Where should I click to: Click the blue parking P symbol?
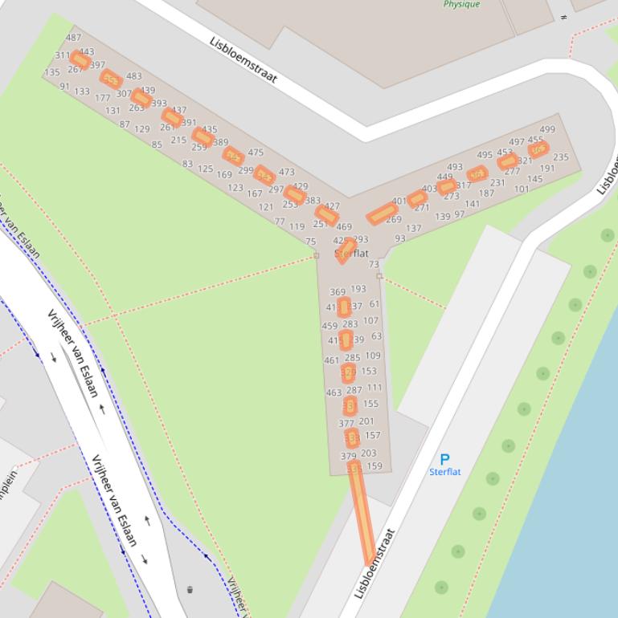tap(444, 459)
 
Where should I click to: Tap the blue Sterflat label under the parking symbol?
tap(444, 472)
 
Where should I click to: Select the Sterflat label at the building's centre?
tap(352, 253)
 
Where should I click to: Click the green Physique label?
tap(461, 4)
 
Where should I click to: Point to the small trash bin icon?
tap(190, 590)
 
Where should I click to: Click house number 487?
tap(74, 38)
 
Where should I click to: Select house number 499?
tap(547, 129)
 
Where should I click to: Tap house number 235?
tap(561, 157)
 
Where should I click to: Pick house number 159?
tap(374, 466)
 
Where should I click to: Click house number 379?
tap(348, 456)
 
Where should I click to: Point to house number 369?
tap(338, 292)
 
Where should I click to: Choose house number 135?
tap(52, 72)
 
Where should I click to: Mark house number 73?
tap(374, 264)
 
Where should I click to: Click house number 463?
tap(334, 392)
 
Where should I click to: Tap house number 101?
tap(522, 189)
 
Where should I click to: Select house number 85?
tap(157, 145)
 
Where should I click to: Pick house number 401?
tap(399, 201)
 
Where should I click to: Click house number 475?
tap(256, 152)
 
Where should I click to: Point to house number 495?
tap(485, 156)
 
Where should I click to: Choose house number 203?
tap(368, 453)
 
